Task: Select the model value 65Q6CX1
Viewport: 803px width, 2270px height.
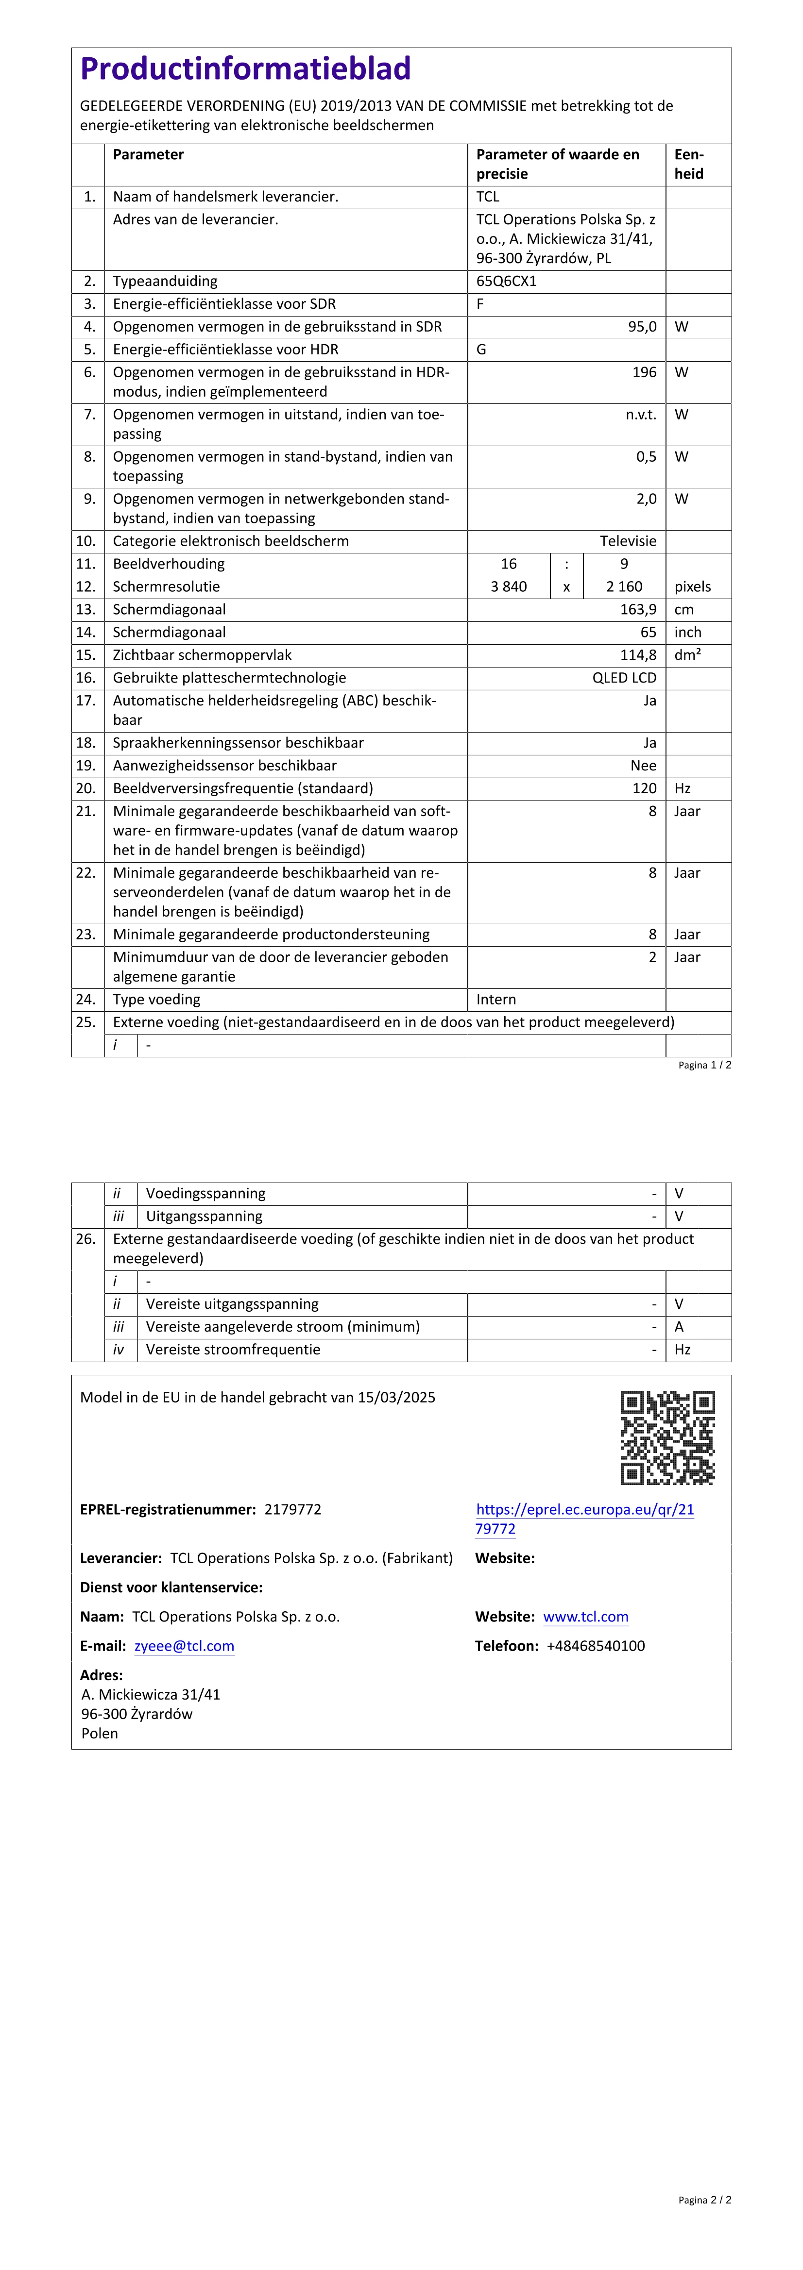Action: [x=506, y=281]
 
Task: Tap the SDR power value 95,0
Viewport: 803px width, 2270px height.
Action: [x=642, y=327]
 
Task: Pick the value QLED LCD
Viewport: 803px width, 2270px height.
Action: [x=624, y=678]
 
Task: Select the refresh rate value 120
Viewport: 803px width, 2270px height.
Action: [x=644, y=789]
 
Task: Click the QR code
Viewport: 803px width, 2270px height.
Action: [x=667, y=1437]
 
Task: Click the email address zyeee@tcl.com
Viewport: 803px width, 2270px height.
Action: [x=184, y=1646]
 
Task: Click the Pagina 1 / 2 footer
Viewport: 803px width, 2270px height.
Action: [x=704, y=1066]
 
